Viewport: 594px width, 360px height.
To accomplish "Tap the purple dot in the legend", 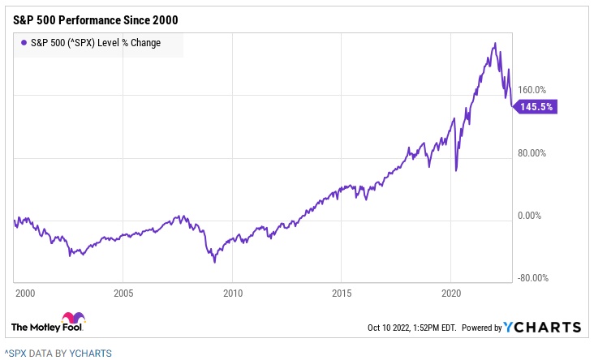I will click(x=23, y=43).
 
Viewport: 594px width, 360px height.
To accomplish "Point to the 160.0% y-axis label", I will click(x=532, y=91).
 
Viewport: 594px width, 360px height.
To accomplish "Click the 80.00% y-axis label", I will click(x=532, y=153).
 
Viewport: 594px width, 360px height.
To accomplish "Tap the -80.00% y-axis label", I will click(x=532, y=278).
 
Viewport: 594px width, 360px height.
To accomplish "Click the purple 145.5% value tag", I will click(x=536, y=106).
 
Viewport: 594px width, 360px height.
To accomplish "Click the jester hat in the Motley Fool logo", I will click(x=72, y=318).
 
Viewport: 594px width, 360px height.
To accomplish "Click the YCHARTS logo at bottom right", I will click(x=543, y=328).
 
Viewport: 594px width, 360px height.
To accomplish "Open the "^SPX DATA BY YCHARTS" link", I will click(x=58, y=353).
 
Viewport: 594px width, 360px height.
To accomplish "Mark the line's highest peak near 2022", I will click(x=494, y=43).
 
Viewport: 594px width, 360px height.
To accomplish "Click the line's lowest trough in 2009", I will click(x=214, y=262).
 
